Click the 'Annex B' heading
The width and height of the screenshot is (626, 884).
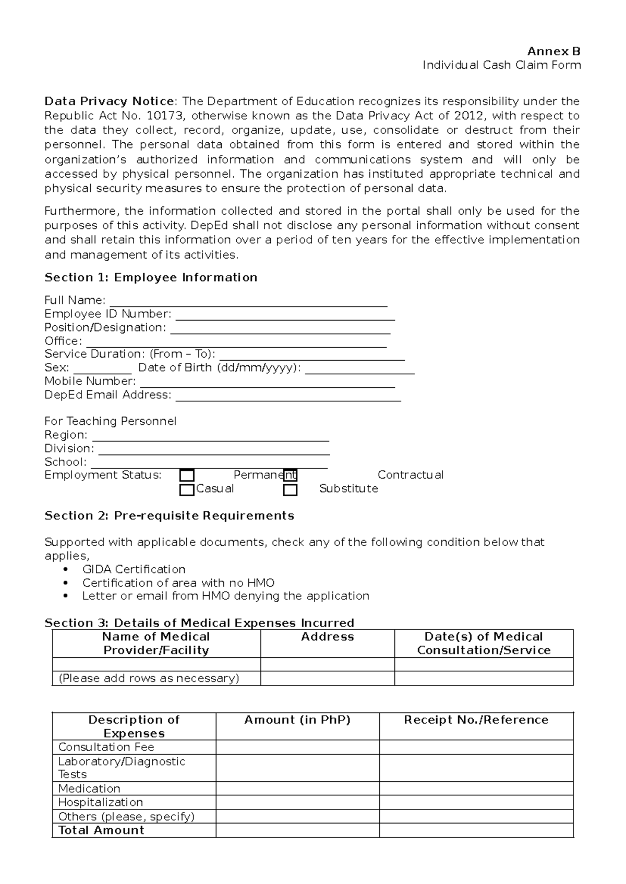pyautogui.click(x=553, y=51)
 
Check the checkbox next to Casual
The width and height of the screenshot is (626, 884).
pyautogui.click(x=187, y=490)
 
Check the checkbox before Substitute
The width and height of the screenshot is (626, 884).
pyautogui.click(x=291, y=490)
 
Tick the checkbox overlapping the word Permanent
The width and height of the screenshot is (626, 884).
pyautogui.click(x=291, y=475)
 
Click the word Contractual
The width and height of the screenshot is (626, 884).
pyautogui.click(x=410, y=475)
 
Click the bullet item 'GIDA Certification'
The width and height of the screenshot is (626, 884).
pyautogui.click(x=134, y=569)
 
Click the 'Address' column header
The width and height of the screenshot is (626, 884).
pyautogui.click(x=327, y=637)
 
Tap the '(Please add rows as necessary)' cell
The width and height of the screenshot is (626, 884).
pyautogui.click(x=149, y=678)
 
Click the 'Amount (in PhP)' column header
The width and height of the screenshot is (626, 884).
pyautogui.click(x=297, y=720)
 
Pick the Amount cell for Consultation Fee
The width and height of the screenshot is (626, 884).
pyautogui.click(x=297, y=747)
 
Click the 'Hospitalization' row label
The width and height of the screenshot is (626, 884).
pyautogui.click(x=100, y=802)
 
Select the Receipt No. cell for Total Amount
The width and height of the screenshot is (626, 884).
pyautogui.click(x=476, y=830)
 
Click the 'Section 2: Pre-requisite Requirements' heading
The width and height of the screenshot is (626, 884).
pyautogui.click(x=169, y=515)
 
